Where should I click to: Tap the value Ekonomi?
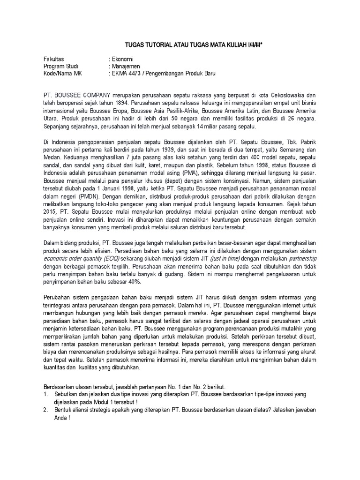click(x=122, y=60)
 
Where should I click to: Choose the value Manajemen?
click(x=126, y=67)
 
